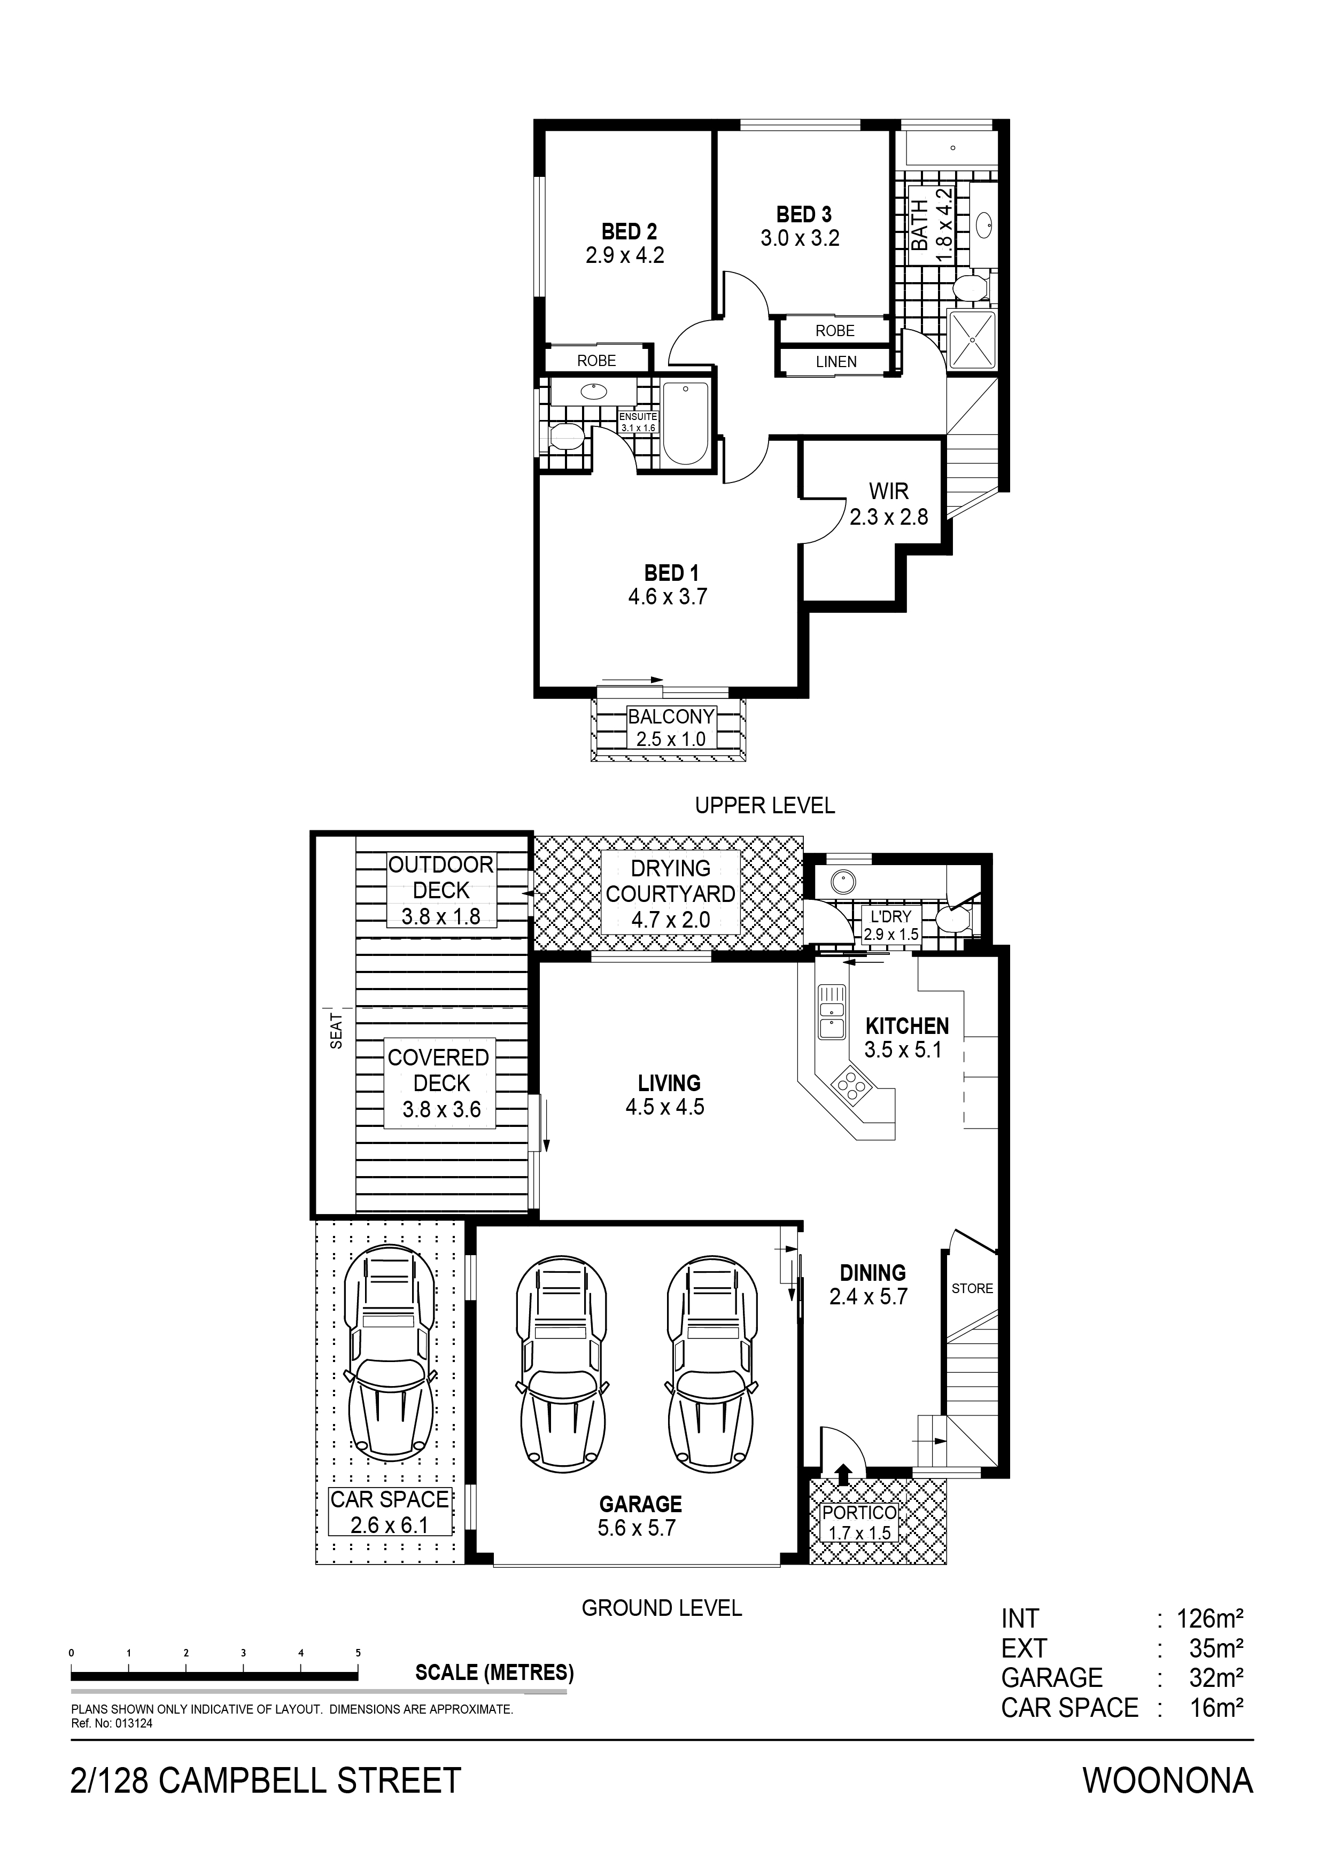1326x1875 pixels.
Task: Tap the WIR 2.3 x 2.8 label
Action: (x=889, y=504)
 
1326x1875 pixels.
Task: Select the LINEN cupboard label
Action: (x=836, y=362)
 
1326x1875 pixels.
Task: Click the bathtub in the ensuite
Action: (x=686, y=423)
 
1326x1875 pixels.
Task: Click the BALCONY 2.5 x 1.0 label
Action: (x=671, y=728)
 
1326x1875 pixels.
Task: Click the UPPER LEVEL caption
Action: (x=765, y=805)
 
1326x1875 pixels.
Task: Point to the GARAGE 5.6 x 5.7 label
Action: (x=640, y=1516)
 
